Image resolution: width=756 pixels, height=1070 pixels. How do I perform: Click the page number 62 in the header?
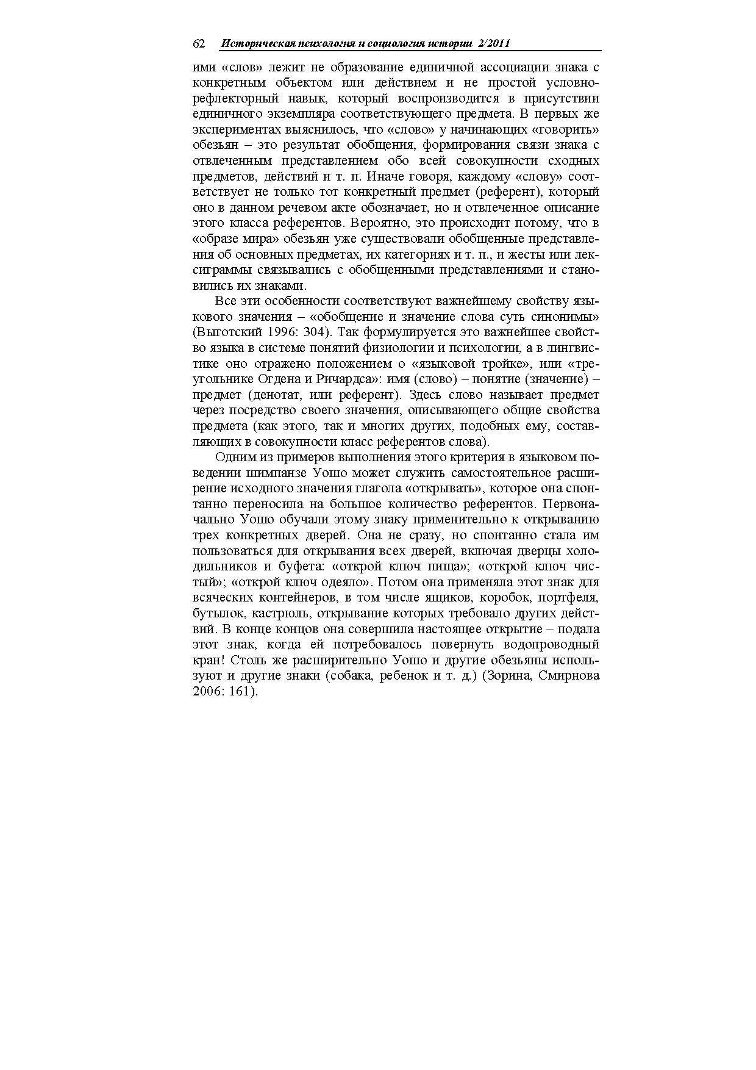[198, 43]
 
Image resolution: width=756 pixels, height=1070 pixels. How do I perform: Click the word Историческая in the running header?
[257, 43]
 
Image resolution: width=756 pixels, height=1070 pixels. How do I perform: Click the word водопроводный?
[558, 645]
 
